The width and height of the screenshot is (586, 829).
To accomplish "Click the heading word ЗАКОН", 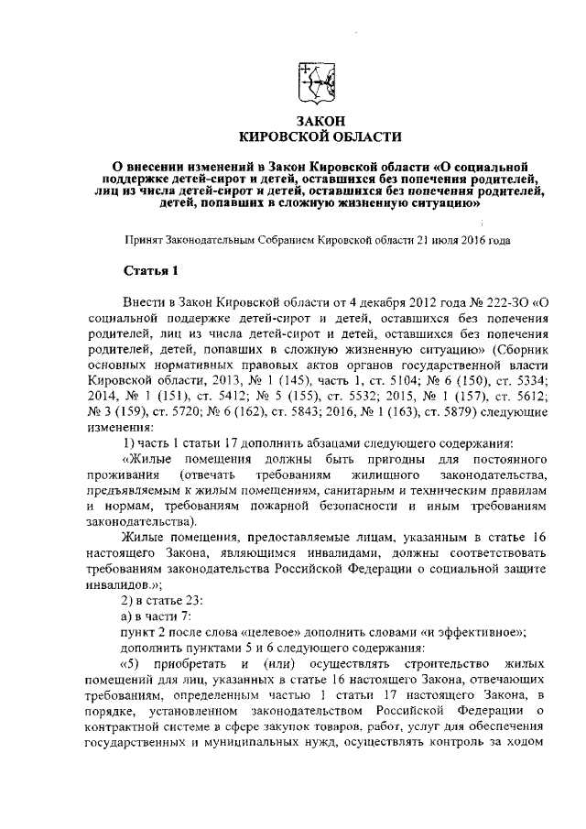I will coord(320,121).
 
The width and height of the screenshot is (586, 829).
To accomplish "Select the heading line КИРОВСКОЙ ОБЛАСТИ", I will coord(320,136).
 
